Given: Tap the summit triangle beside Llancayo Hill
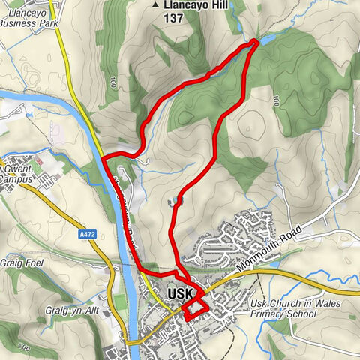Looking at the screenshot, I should (x=156, y=5).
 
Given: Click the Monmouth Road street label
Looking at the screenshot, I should (x=268, y=247).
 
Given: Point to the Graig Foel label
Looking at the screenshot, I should (x=22, y=262).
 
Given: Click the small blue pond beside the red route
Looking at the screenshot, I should (x=174, y=201).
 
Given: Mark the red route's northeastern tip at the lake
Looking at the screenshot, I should (x=256, y=41).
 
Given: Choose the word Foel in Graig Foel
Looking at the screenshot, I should (x=34, y=262).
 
